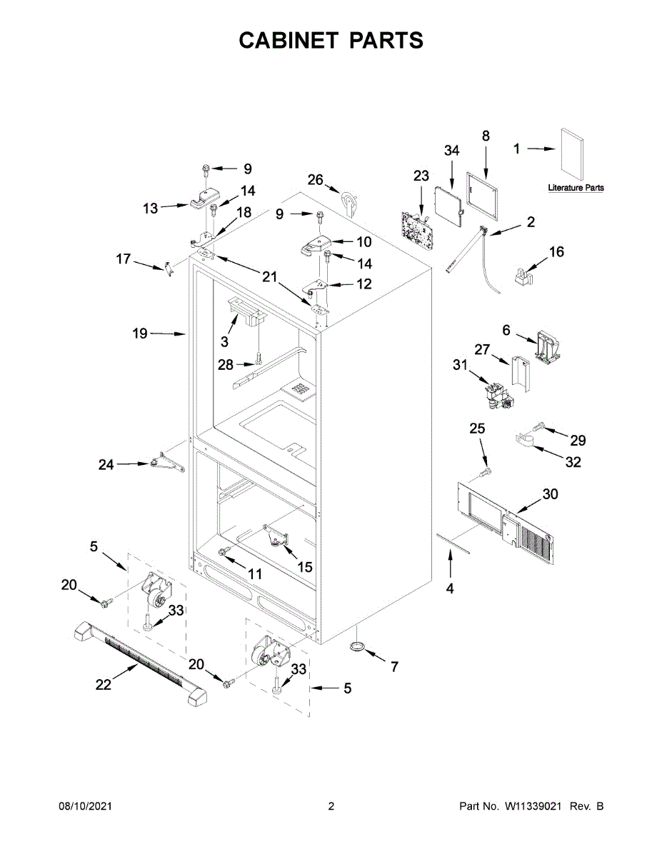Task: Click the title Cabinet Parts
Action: (x=331, y=41)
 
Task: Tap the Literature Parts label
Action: (x=576, y=188)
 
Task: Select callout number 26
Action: (x=316, y=179)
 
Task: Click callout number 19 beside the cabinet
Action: (x=139, y=333)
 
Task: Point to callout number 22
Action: (x=104, y=684)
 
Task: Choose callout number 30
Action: (x=550, y=494)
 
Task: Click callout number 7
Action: (x=393, y=667)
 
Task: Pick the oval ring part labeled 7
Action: (x=358, y=646)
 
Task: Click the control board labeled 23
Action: (x=416, y=228)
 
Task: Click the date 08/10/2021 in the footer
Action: (x=85, y=806)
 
